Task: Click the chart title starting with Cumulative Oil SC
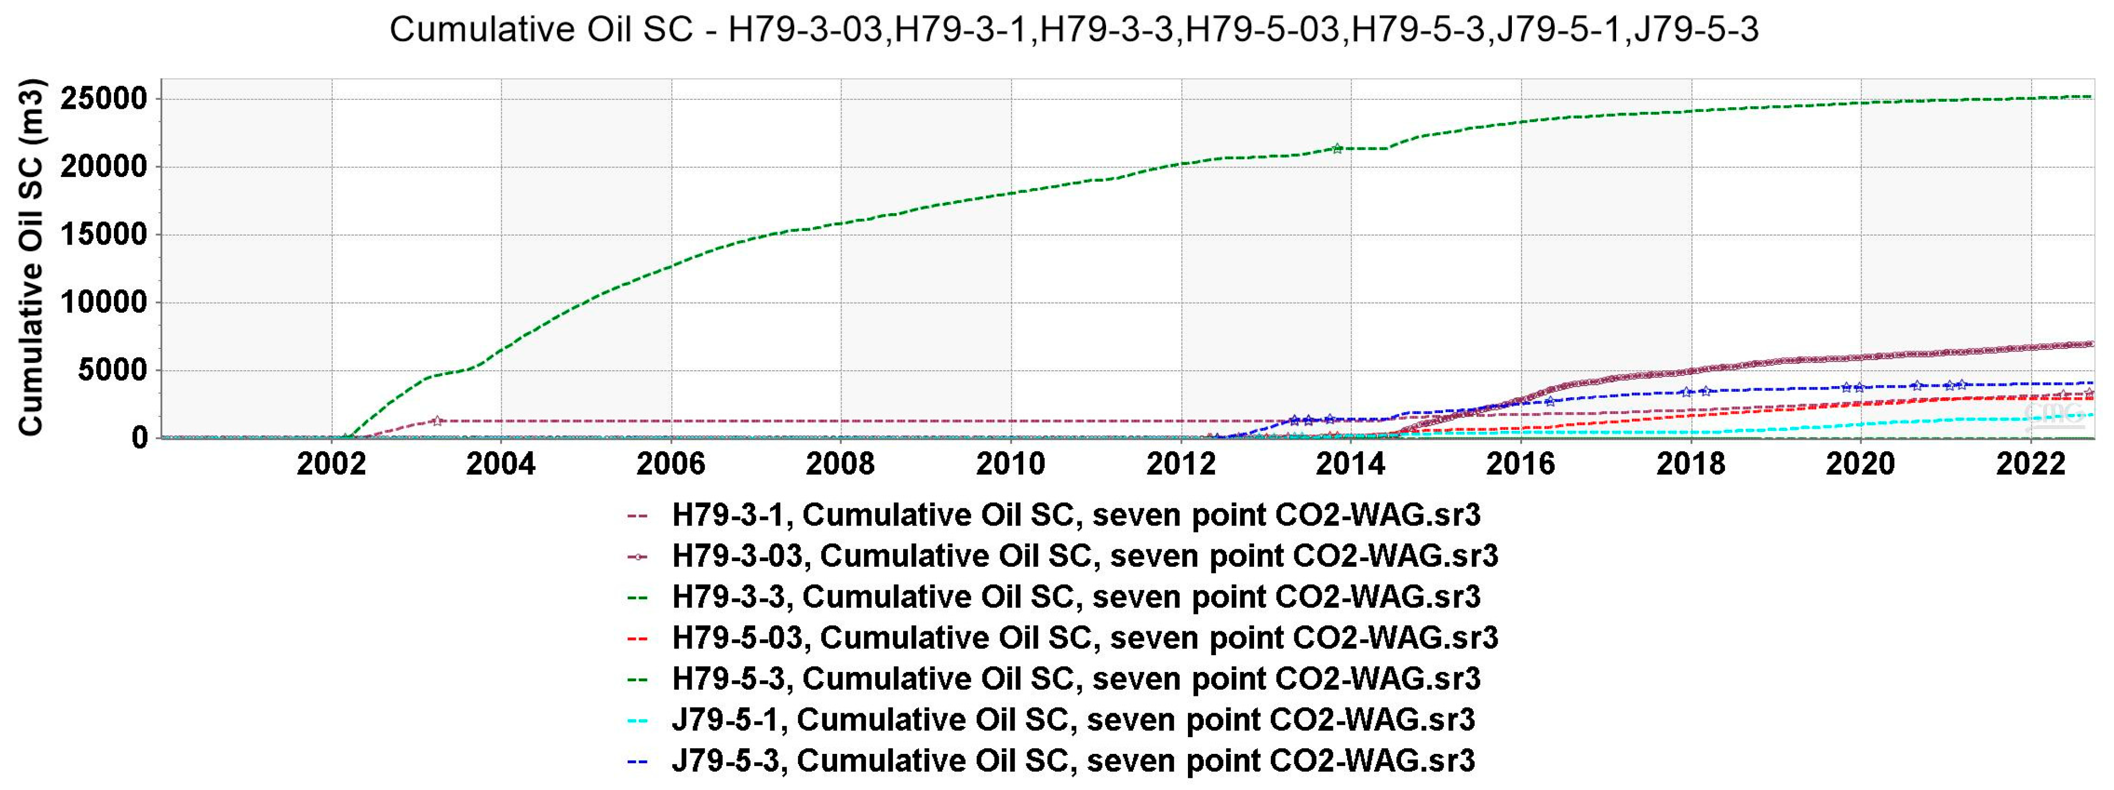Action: pos(1074,30)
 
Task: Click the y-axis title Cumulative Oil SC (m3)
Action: pos(31,256)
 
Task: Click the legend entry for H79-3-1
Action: pos(1076,515)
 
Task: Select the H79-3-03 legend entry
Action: pos(1085,556)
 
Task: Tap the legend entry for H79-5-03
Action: pos(1085,638)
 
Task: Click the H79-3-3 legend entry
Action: pos(1076,597)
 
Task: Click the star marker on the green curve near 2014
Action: pos(1337,149)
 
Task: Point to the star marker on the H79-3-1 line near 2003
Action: pos(437,421)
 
